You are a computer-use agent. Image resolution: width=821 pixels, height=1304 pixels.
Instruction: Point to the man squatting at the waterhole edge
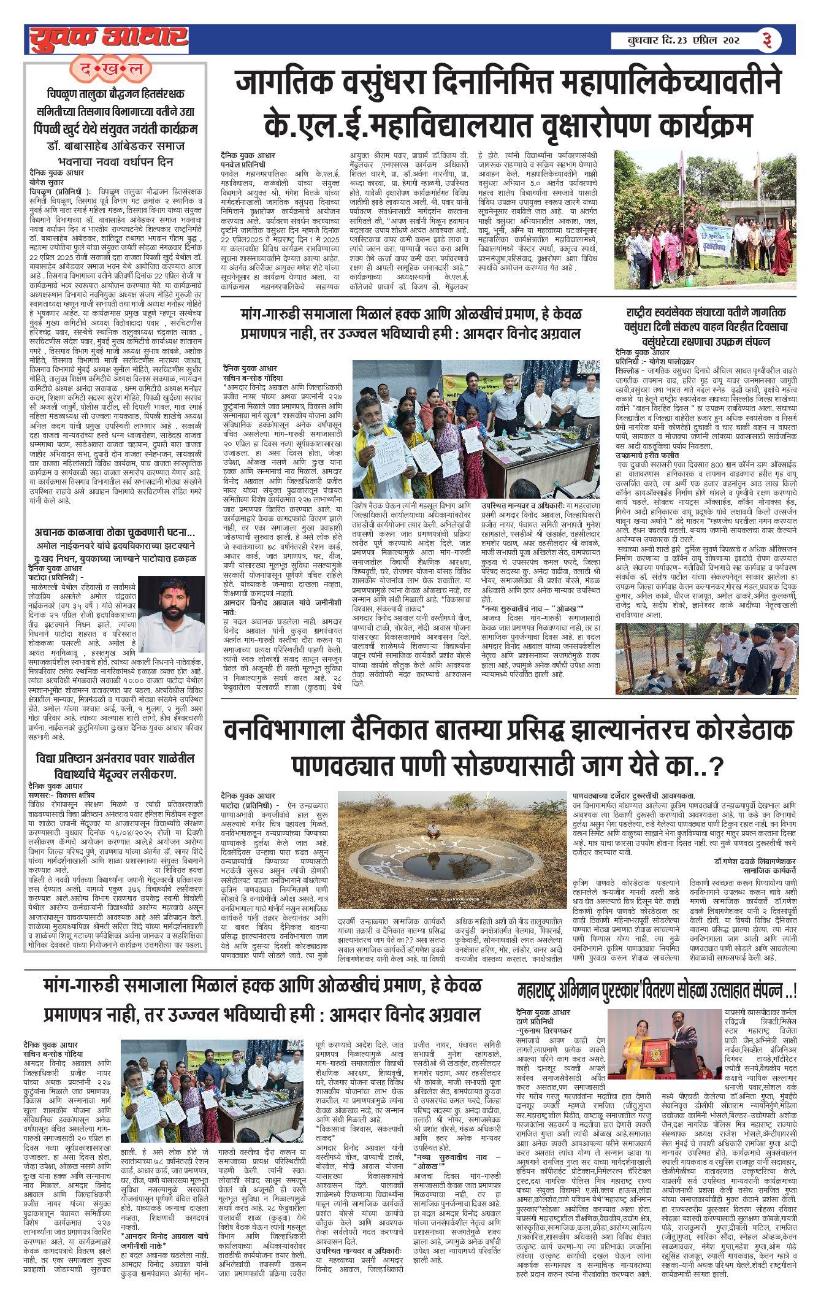(x=433, y=830)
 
